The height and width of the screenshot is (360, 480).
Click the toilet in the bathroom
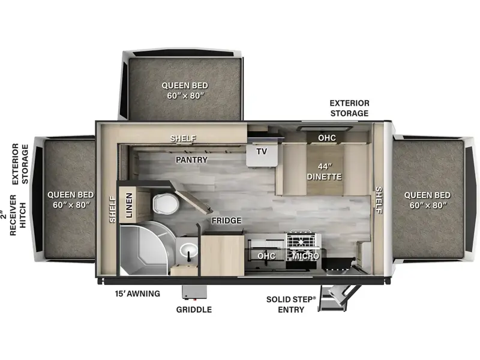point(166,203)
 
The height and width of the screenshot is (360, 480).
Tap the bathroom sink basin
point(188,251)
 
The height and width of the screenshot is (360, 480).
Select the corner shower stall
point(144,248)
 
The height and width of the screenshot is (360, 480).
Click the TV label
point(262,151)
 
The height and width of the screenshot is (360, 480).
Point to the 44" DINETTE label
point(325,172)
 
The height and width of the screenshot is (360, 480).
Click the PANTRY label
point(191,160)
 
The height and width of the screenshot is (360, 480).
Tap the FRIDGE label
point(227,220)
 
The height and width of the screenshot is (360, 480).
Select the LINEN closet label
point(129,205)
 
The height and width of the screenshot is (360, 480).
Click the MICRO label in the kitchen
point(305,256)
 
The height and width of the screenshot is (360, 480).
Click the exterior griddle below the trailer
point(194,292)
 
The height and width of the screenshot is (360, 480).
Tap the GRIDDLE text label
point(194,310)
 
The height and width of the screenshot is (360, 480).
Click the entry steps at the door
point(337,298)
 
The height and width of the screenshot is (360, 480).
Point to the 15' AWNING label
point(137,293)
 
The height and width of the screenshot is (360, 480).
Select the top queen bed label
point(185,91)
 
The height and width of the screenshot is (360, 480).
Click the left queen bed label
point(71,200)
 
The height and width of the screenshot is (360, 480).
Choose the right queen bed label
point(427,200)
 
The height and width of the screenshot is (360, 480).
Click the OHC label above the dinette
point(327,138)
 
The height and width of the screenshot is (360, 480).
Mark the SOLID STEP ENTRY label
point(291,304)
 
